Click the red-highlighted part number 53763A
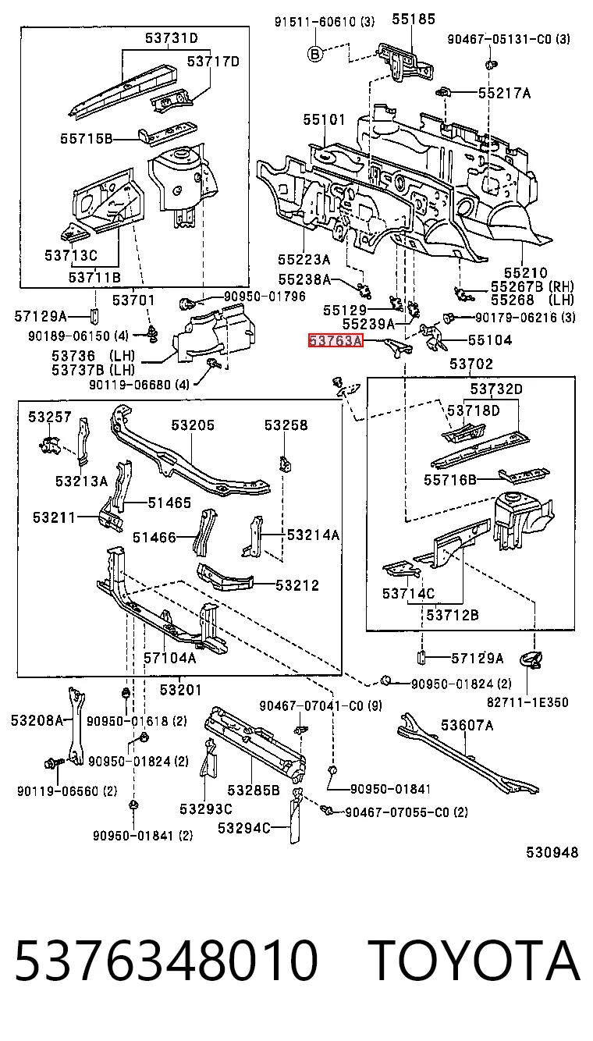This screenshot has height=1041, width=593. point(336,341)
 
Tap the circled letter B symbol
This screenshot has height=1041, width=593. point(315,55)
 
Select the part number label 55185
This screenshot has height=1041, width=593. point(413,19)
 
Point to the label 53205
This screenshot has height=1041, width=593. point(193,425)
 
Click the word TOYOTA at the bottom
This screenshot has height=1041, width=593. point(476,959)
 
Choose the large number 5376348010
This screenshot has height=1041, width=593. point(166,959)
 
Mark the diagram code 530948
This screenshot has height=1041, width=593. point(552,852)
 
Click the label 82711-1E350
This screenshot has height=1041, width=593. point(527,702)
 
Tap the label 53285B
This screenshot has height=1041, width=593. point(254,790)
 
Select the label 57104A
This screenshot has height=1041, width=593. point(169,658)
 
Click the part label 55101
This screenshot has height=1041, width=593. point(325,120)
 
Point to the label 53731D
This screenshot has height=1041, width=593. point(172,37)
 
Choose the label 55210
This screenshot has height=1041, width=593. point(526,273)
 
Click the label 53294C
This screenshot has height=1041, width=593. point(244,828)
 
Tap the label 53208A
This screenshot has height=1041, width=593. point(37,720)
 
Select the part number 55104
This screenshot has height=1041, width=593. point(490,340)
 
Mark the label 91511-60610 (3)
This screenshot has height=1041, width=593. point(325,21)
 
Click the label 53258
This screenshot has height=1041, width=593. point(286,425)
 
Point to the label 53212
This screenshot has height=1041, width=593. point(297,585)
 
